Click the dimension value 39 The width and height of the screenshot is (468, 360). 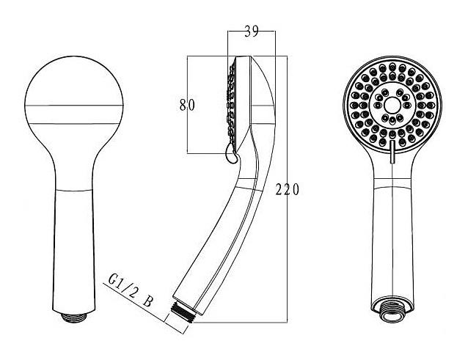pos(252,32)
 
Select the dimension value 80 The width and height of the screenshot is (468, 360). pos(187,105)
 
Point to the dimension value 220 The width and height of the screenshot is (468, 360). pos(287,190)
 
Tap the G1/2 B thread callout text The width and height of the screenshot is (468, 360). pos(131,291)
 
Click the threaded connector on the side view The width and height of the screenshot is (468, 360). pos(183,312)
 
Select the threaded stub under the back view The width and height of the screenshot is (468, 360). pos(74,317)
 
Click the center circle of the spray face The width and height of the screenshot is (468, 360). pos(392,105)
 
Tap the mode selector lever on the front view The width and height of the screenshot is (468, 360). pos(392,152)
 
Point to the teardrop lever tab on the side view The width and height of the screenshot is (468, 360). pos(230,153)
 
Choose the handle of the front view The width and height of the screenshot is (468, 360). pos(392,245)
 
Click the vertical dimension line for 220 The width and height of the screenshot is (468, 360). pos(287,189)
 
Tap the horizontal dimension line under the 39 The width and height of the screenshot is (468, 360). pos(252,31)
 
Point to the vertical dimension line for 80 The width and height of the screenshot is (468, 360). pos(187,104)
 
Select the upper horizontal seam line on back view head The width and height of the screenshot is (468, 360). pos(74,106)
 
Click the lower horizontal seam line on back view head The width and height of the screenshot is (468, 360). pos(74,123)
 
